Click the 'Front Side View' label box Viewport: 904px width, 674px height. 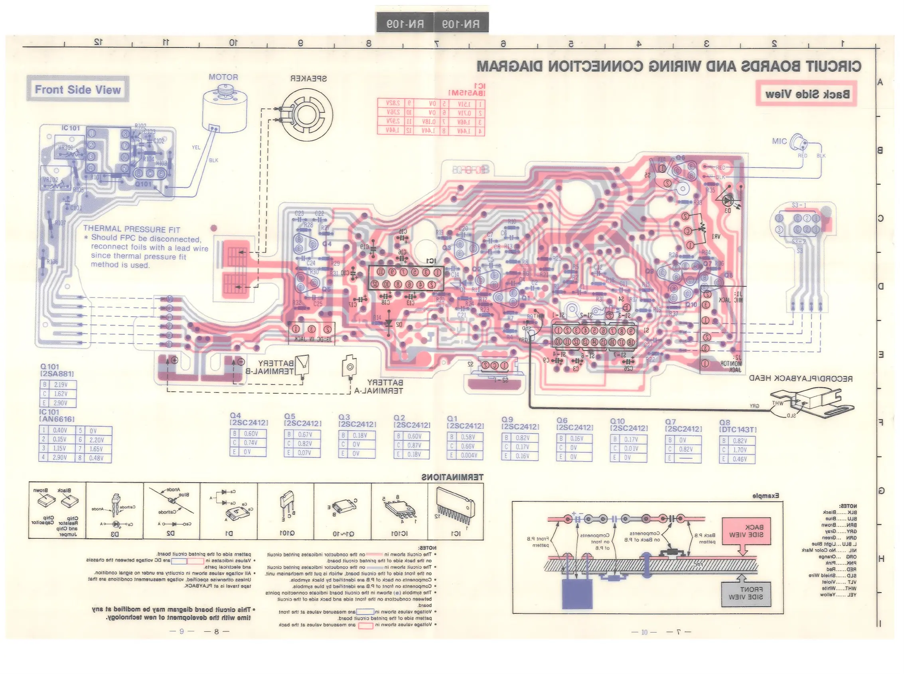[77, 89]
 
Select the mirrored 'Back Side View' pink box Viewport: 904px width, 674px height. [806, 94]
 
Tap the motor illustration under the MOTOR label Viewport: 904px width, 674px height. [225, 109]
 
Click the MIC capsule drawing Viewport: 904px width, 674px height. [799, 142]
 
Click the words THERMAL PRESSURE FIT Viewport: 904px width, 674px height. [131, 229]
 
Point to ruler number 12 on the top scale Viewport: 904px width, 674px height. [98, 42]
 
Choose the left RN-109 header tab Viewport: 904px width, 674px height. [405, 24]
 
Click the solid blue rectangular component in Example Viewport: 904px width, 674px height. [577, 593]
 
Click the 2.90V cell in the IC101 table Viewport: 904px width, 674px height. [59, 457]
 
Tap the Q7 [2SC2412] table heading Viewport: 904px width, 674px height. [683, 425]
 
